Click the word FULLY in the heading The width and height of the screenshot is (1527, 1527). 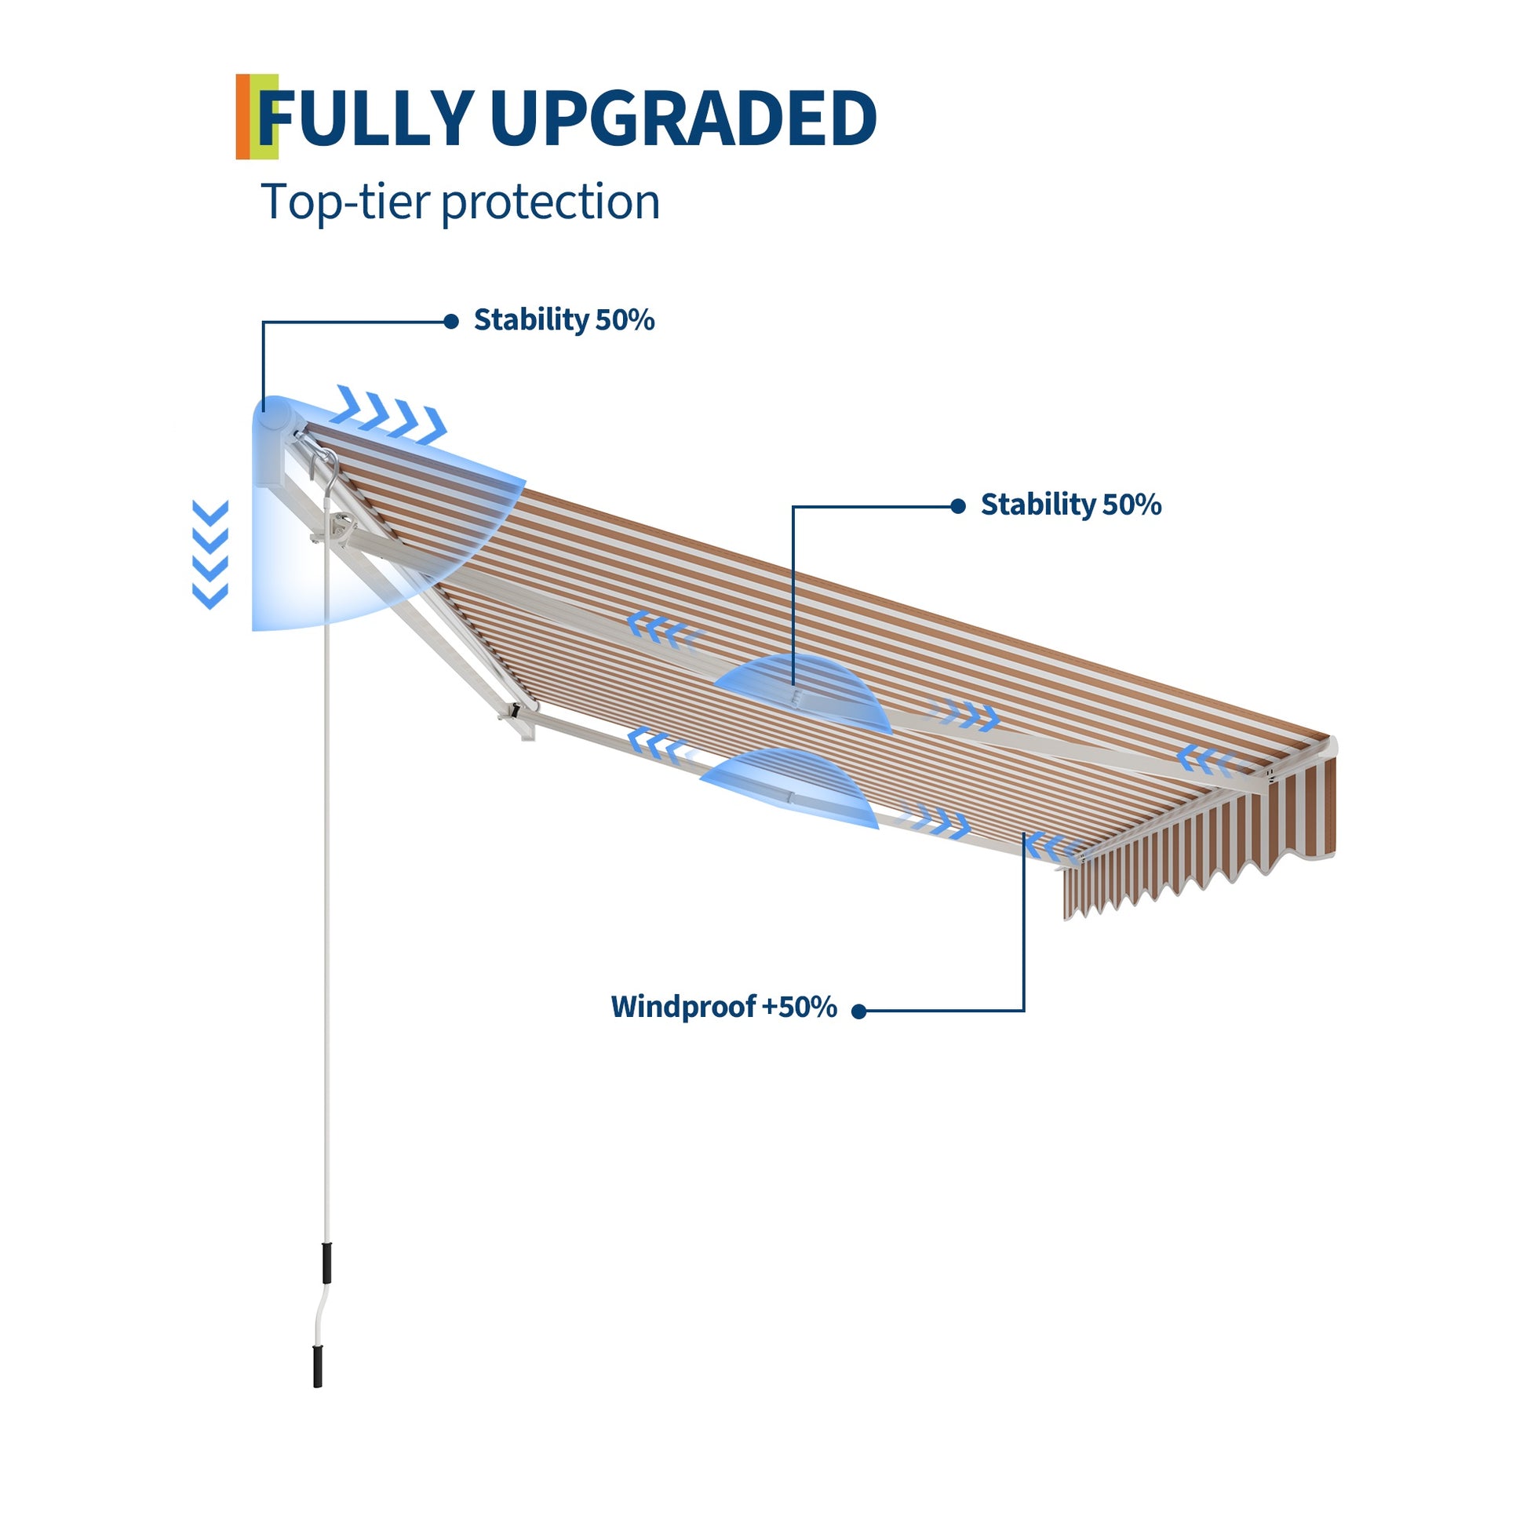(x=366, y=118)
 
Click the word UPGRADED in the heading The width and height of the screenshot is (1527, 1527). (x=683, y=118)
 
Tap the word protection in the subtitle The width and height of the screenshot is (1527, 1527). (x=550, y=202)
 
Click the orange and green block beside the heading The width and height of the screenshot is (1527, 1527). (x=257, y=116)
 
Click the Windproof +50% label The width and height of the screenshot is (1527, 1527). (x=724, y=1007)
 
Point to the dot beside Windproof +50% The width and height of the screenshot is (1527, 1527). (x=859, y=1011)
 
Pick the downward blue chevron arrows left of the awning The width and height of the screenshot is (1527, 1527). (x=210, y=554)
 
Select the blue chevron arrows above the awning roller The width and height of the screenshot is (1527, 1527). (x=390, y=414)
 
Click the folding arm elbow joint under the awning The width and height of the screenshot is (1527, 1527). (x=518, y=716)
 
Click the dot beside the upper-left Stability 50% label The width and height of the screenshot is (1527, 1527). (x=451, y=321)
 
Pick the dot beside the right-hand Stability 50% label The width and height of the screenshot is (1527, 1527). (x=958, y=506)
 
